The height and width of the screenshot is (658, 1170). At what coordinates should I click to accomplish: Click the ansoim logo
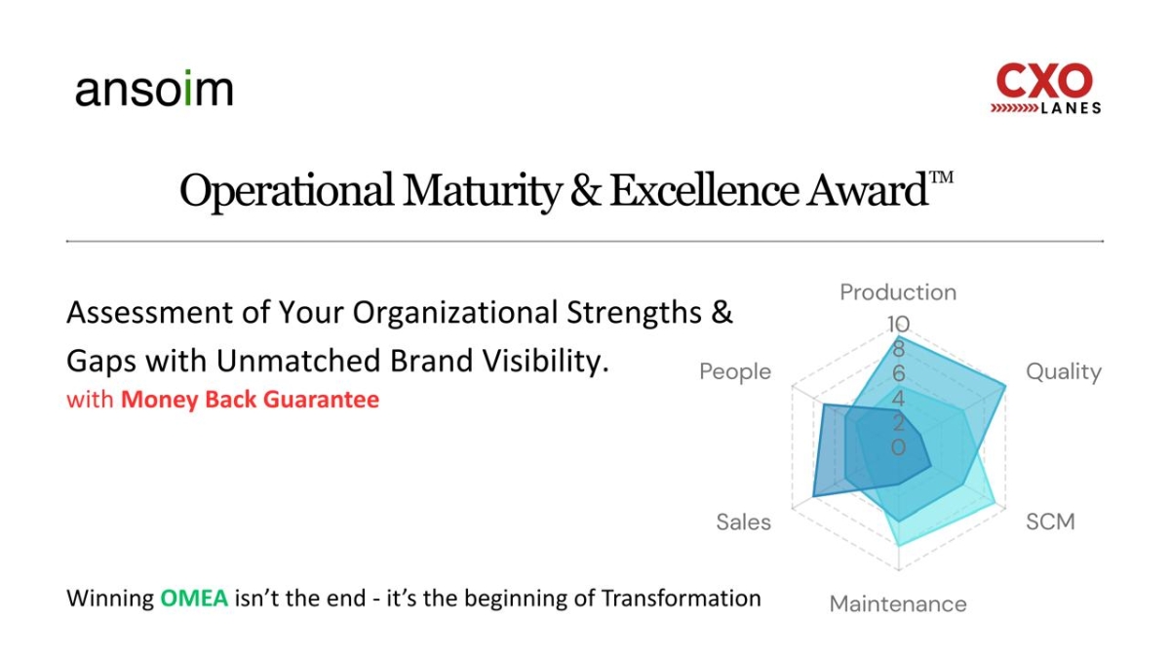pos(154,90)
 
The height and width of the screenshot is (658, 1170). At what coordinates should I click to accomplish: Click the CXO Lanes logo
pos(1046,88)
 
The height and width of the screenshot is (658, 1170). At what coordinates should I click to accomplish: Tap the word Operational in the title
pos(286,190)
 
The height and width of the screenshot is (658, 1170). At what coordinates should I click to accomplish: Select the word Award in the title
pos(865,190)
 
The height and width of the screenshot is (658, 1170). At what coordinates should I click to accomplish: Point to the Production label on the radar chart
pos(898,292)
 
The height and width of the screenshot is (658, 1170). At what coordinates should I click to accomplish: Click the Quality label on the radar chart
pos(1063,371)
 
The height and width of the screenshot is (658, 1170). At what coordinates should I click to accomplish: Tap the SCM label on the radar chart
pos(1050,522)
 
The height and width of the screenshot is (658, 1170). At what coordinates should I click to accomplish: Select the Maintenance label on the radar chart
pos(898,604)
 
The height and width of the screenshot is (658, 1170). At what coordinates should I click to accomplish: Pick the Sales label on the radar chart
pos(743,522)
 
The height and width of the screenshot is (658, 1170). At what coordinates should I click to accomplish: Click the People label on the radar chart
pos(735,371)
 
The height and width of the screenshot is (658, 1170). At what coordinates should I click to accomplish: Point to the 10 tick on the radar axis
pos(898,324)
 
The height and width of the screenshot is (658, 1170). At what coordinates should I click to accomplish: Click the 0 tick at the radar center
pos(898,447)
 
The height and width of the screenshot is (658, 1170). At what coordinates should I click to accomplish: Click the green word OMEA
pos(194,598)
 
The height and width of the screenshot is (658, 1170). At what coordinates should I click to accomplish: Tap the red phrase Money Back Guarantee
pos(250,400)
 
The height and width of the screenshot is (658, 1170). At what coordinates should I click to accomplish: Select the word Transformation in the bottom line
pos(681,598)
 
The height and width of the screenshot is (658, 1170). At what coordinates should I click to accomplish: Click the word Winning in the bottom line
pos(109,598)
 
